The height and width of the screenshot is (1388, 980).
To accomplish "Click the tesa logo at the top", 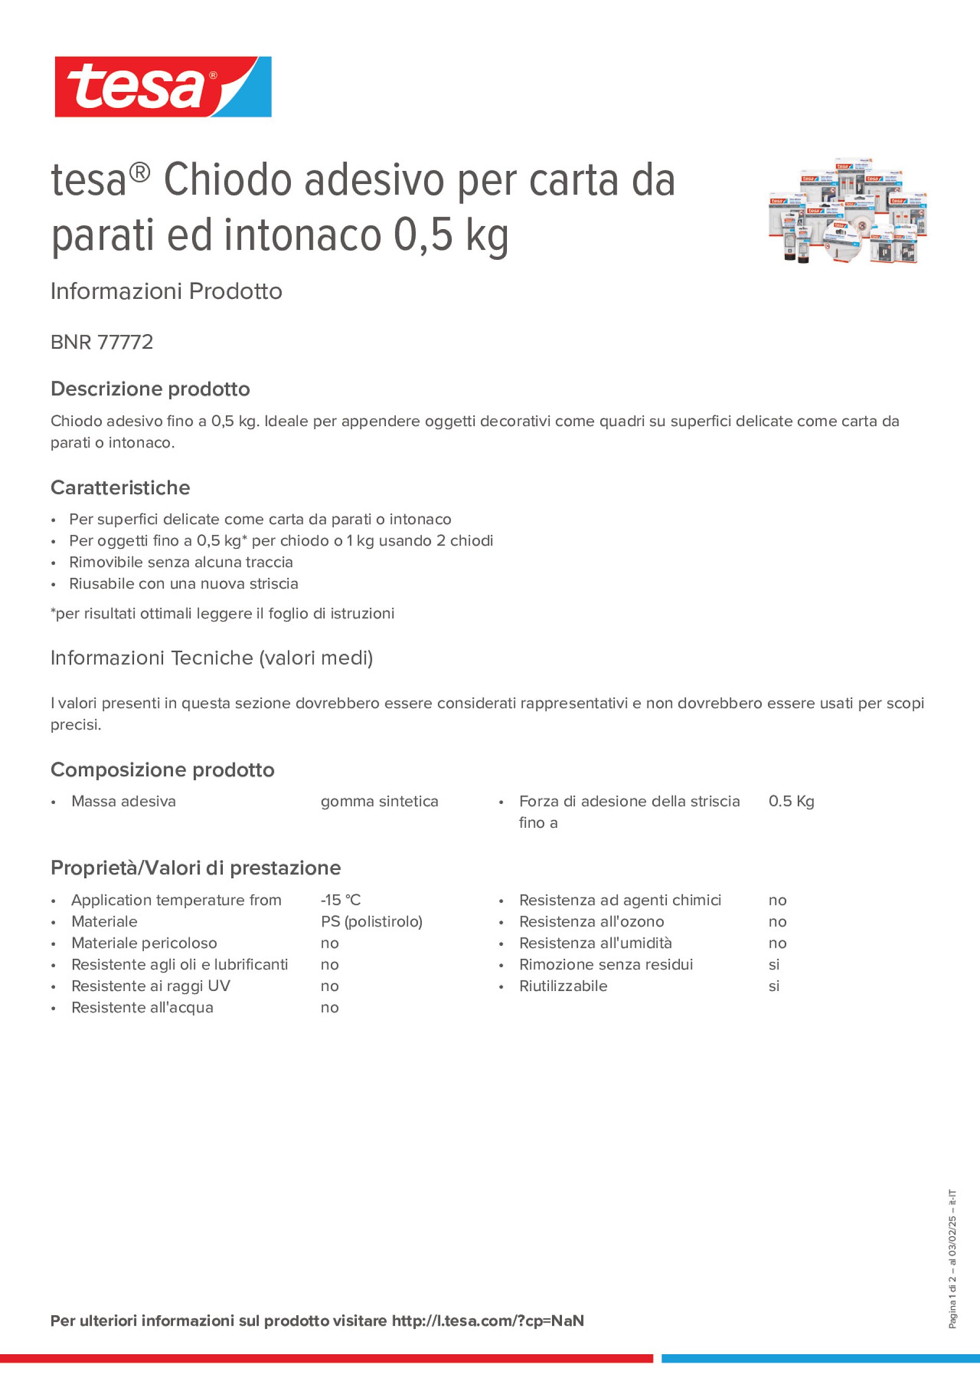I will click(163, 86).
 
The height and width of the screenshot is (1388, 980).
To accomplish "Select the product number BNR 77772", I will click(101, 342).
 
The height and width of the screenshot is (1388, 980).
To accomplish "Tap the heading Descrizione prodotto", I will click(150, 389).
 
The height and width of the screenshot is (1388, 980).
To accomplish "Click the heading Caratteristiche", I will click(120, 488).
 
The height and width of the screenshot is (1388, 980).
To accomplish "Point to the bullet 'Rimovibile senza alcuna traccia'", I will click(181, 562).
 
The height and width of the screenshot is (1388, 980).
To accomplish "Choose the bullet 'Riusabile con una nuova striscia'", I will click(183, 584).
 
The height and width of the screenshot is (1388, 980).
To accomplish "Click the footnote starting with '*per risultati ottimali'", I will click(222, 613).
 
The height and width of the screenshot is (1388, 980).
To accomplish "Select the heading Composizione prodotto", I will click(162, 770).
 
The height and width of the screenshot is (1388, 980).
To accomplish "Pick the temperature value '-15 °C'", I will click(340, 900).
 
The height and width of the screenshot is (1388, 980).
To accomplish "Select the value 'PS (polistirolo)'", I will click(371, 921).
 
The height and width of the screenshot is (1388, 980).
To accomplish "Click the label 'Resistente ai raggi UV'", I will click(151, 986).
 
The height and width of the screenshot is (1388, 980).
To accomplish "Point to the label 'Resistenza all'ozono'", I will click(591, 921).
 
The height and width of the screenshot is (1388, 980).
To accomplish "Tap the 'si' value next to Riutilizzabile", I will click(773, 986).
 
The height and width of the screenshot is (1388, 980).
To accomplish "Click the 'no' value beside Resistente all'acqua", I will click(329, 1007).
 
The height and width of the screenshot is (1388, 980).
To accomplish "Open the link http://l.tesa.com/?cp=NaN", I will click(488, 1321).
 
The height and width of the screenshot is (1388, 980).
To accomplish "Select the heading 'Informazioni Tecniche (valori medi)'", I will click(211, 658).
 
